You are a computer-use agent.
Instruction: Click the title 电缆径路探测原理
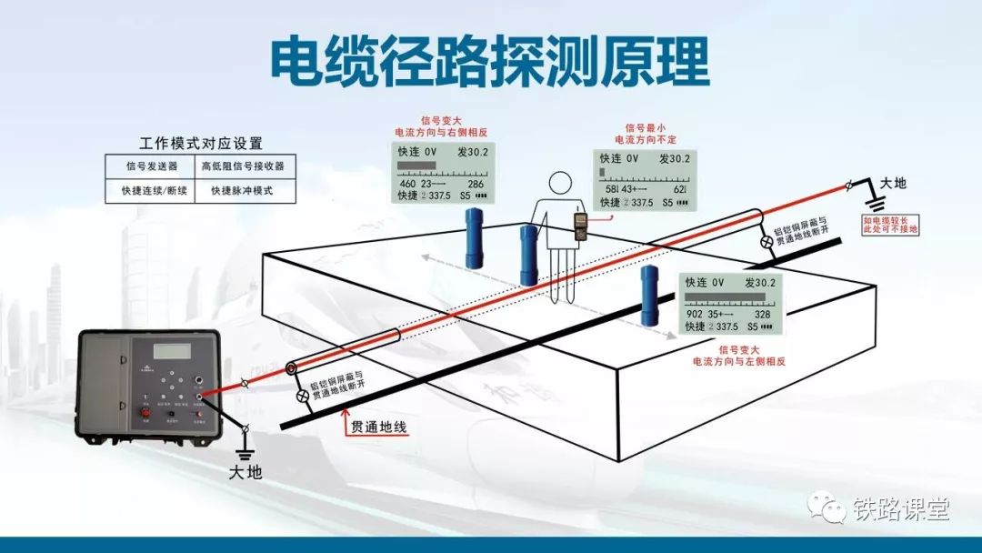490,62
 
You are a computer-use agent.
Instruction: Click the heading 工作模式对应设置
201,143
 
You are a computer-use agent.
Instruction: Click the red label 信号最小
643,128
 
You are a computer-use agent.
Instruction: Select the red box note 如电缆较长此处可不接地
891,225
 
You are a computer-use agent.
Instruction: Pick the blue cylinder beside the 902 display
649,295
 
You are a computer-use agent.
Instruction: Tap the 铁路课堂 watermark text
900,509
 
